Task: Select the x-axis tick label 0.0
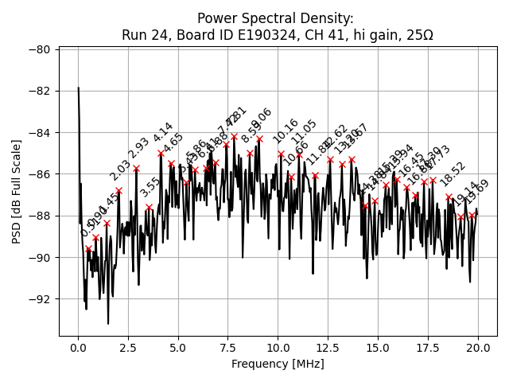point(78,348)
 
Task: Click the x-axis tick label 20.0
point(478,348)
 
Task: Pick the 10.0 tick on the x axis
point(278,348)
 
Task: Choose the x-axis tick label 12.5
point(328,348)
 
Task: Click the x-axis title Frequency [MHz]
point(278,364)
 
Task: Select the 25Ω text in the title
point(418,35)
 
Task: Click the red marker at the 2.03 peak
point(119,191)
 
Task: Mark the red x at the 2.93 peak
point(137,168)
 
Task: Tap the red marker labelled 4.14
point(161,153)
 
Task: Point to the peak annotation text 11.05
point(304,132)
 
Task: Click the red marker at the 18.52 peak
point(449,197)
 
